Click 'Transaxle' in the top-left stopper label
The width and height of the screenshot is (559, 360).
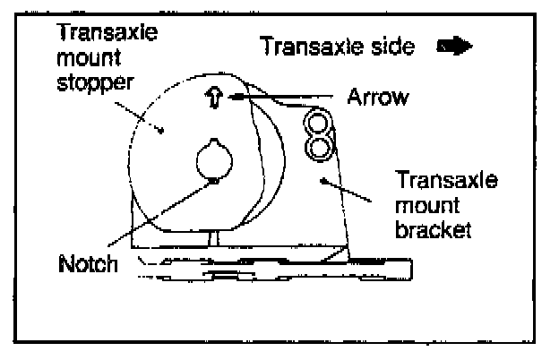click(94, 31)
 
